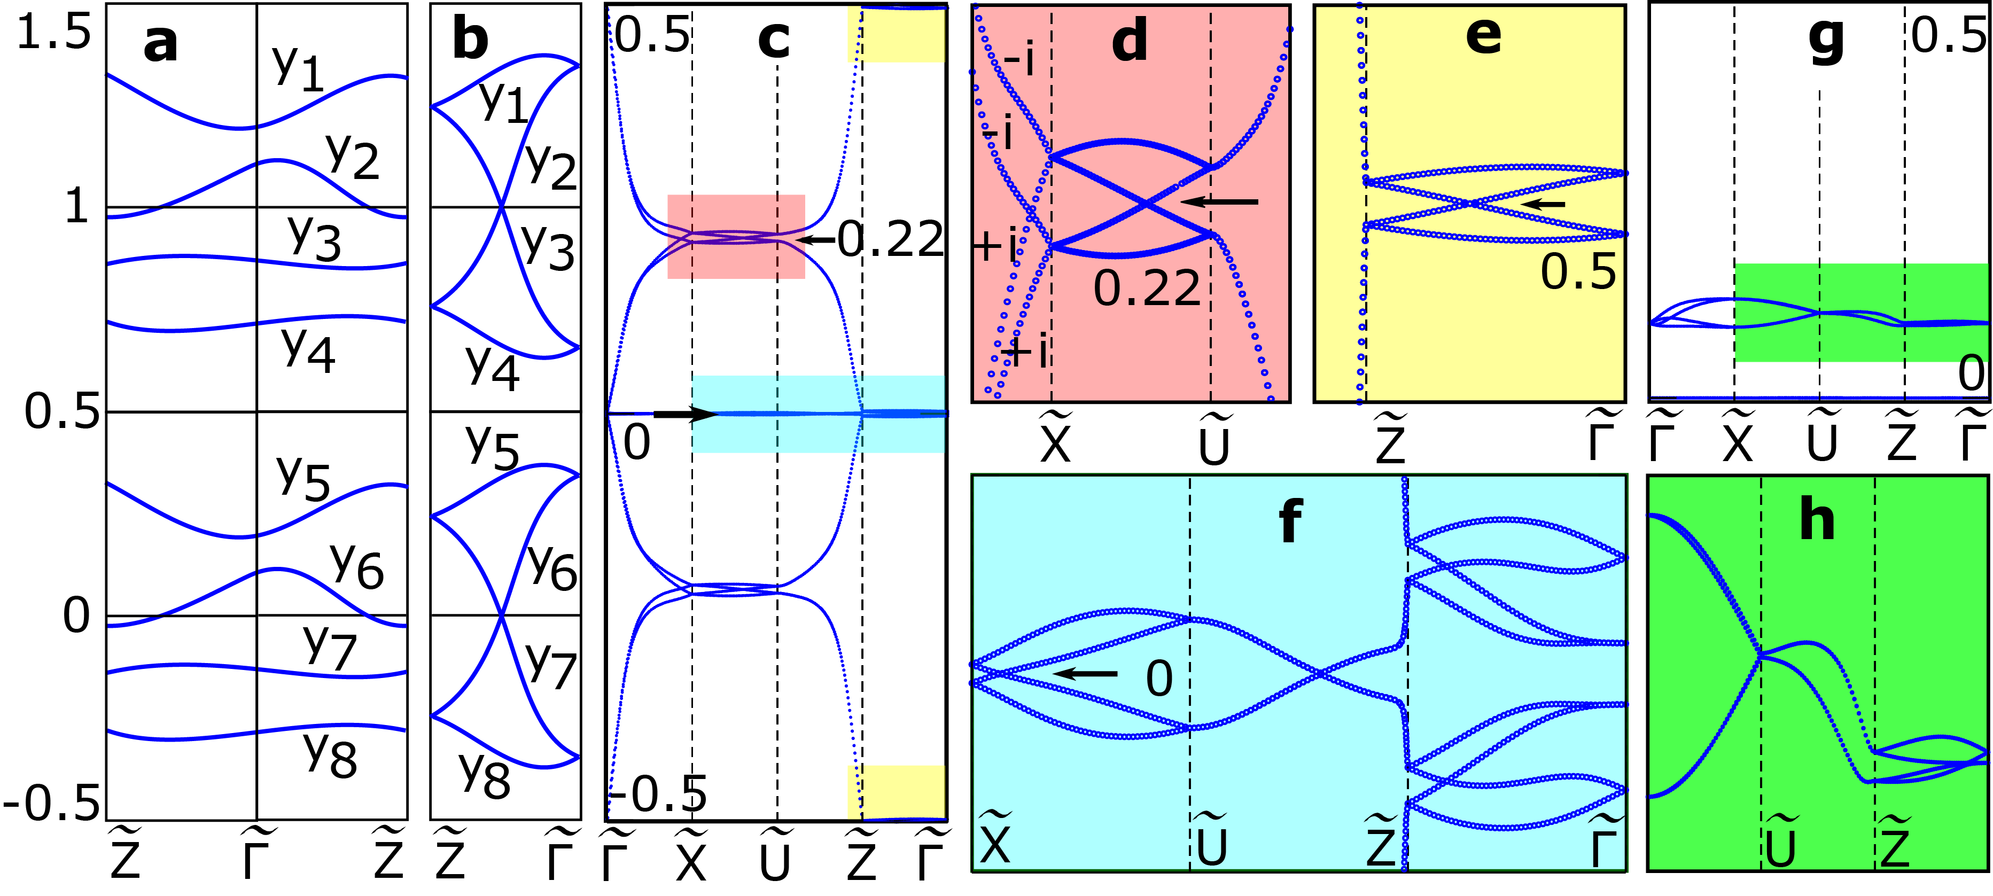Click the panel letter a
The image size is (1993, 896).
[160, 43]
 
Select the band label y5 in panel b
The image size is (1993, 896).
[492, 447]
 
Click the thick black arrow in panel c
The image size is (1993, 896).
[684, 415]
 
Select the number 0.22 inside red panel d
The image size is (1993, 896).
[1147, 289]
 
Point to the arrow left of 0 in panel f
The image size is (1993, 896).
[1086, 673]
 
